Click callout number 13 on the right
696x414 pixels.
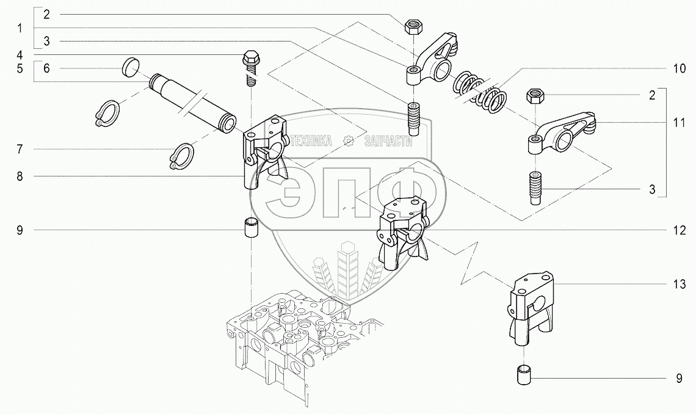[679, 284]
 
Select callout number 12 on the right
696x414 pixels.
[679, 230]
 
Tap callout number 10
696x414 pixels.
[679, 68]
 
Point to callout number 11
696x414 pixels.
[679, 123]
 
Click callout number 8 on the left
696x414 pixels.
[20, 176]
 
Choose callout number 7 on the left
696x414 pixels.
[20, 149]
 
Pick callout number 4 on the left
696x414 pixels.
[20, 55]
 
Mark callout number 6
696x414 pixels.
[46, 68]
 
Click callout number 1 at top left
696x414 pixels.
[20, 29]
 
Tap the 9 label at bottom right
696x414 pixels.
[679, 379]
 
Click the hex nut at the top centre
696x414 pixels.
[413, 27]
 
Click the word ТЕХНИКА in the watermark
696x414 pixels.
[311, 141]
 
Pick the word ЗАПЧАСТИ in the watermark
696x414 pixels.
[388, 141]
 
